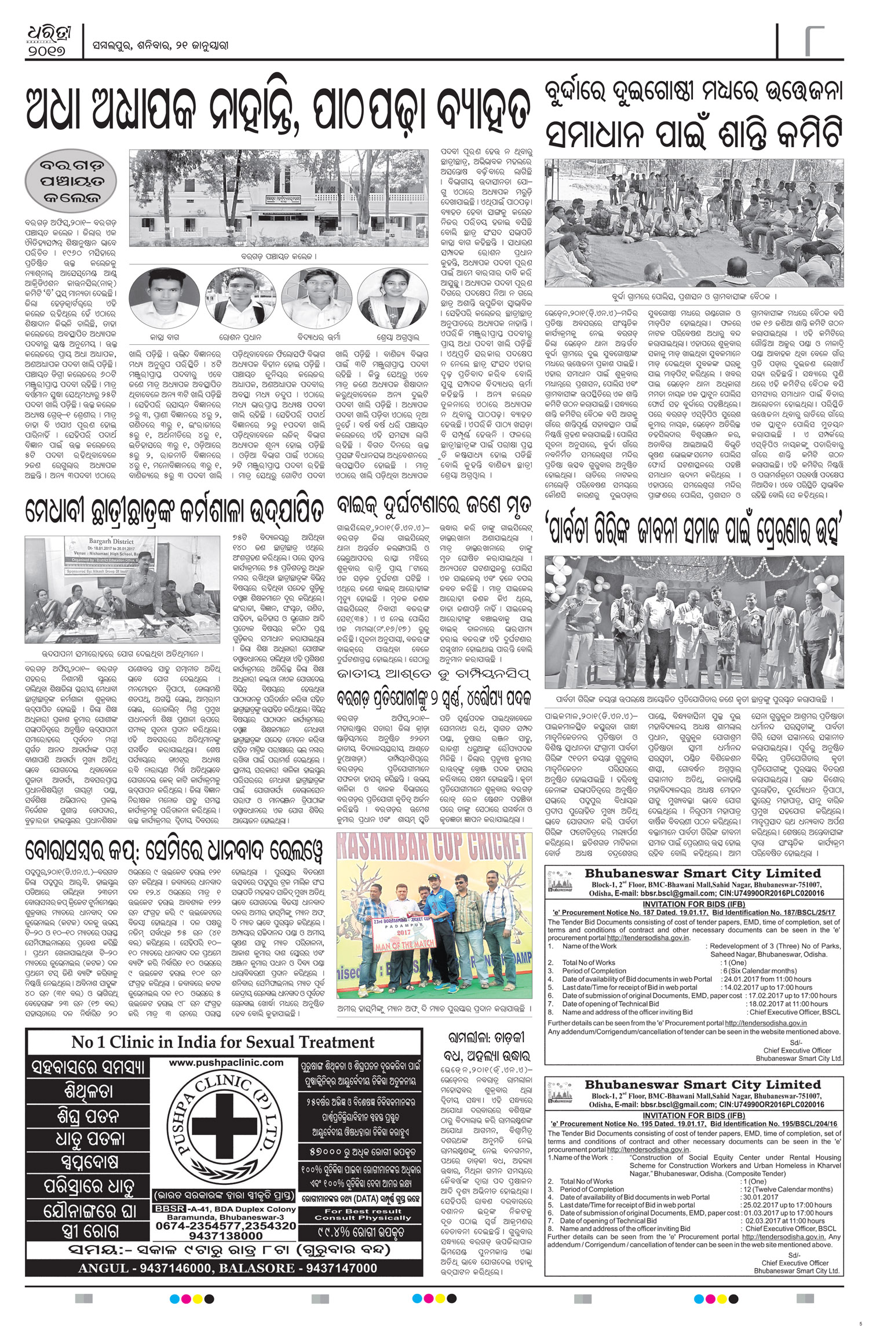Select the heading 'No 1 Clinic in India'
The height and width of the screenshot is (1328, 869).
(223, 1042)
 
